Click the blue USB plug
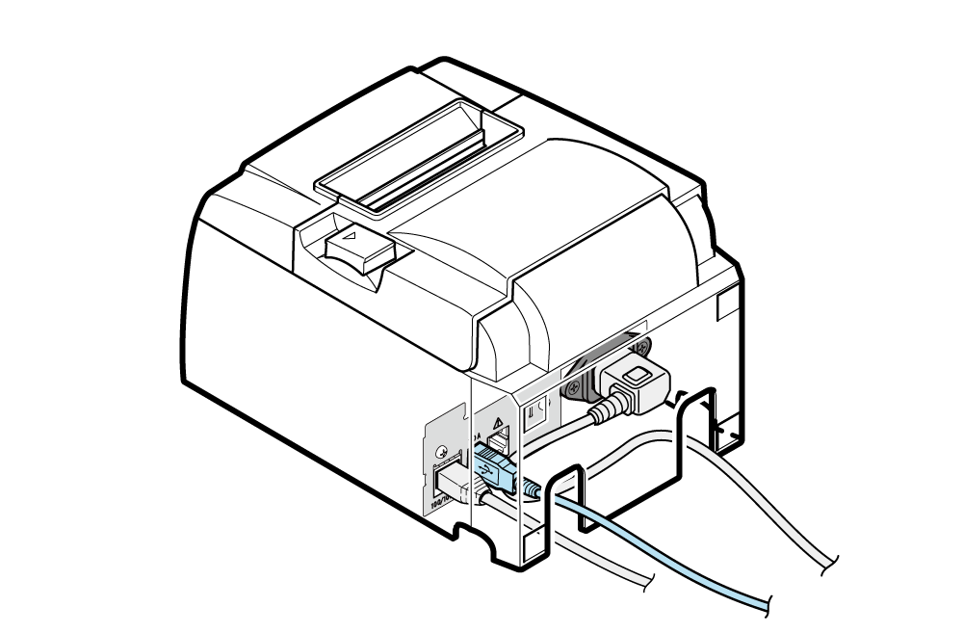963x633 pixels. click(x=492, y=466)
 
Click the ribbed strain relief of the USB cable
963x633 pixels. click(x=530, y=488)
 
